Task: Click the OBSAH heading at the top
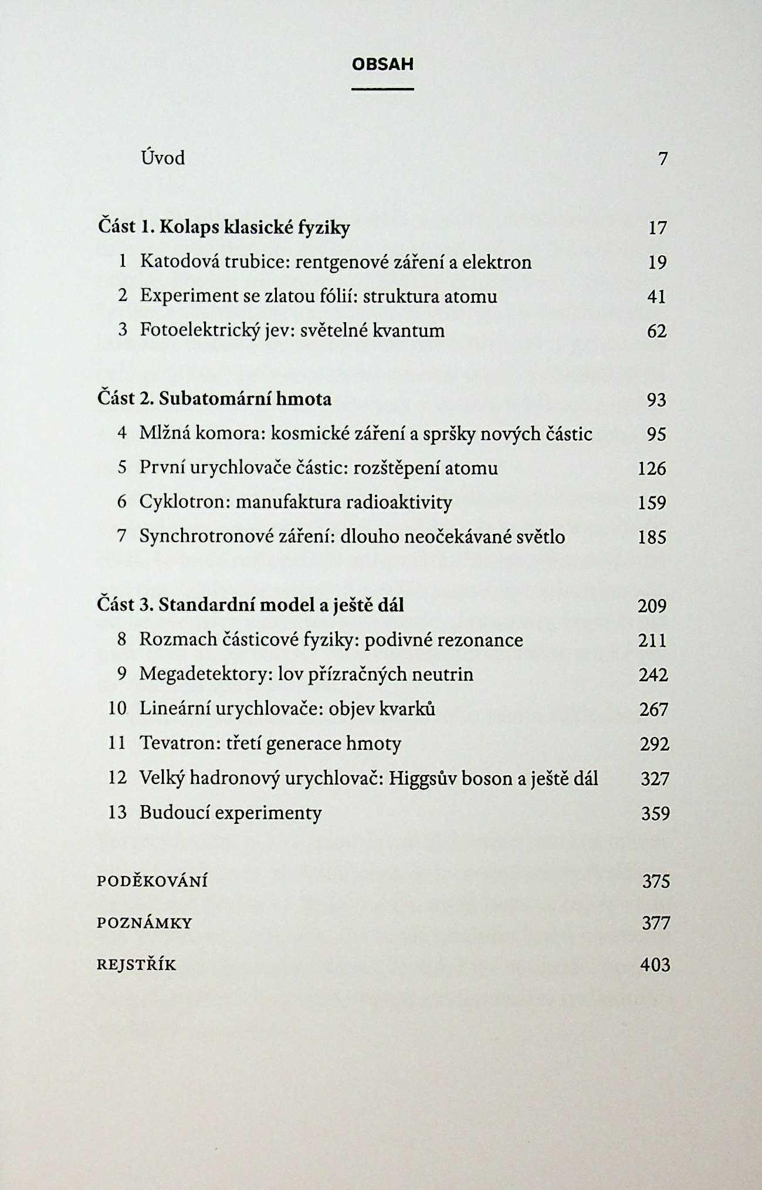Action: (x=382, y=64)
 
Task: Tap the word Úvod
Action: (x=162, y=158)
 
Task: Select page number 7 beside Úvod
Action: (x=663, y=159)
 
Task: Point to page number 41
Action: (x=656, y=297)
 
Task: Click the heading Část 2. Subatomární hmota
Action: (x=214, y=399)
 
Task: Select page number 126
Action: (x=652, y=468)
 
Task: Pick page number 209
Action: (x=652, y=606)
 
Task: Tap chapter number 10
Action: (x=117, y=709)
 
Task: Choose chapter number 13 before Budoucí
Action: (x=117, y=813)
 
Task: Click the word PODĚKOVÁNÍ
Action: (x=152, y=882)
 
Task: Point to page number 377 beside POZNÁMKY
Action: (x=655, y=924)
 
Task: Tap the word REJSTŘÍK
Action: (x=136, y=965)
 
